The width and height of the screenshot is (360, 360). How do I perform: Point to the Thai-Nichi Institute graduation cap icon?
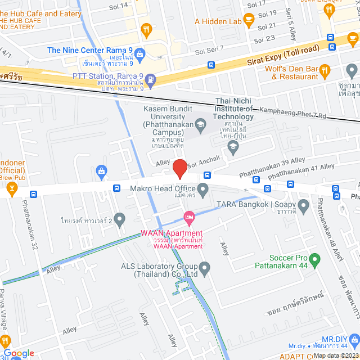click(x=232, y=147)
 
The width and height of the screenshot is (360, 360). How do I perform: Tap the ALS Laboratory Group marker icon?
click(x=205, y=267)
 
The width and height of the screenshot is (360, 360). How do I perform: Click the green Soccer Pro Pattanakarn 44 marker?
click(x=315, y=259)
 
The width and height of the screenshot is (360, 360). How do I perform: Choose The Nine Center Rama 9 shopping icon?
click(x=140, y=54)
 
